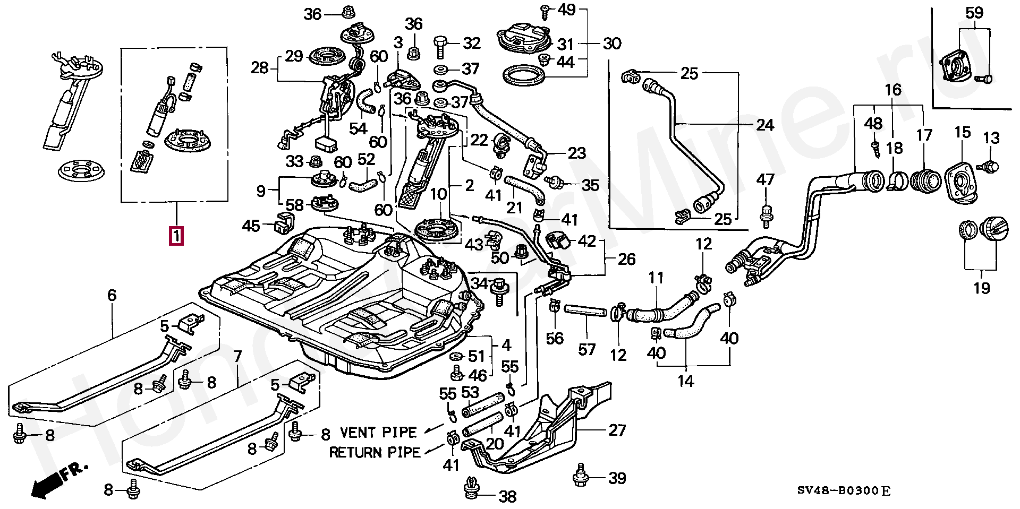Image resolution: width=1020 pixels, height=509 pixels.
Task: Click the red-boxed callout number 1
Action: pos(176,235)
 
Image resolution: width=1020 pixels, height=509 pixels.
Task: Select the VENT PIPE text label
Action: pos(378,432)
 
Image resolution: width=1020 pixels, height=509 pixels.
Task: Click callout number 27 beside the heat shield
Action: pos(617,430)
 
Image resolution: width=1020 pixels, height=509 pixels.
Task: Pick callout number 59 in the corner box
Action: pos(974,13)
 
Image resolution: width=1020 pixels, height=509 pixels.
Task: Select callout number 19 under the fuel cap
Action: pos(982,288)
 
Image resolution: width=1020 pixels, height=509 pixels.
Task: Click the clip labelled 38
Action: pos(471,489)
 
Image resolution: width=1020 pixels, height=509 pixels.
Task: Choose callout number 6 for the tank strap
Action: pos(112,296)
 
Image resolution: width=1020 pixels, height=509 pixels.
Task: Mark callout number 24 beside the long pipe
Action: pos(764,125)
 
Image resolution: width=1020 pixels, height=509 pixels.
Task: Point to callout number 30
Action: pos(612,44)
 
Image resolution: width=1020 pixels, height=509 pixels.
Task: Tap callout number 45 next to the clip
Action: pos(251,226)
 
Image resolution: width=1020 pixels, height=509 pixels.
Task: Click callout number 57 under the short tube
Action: pos(587,349)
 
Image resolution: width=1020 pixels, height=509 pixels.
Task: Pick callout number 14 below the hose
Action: pos(686,381)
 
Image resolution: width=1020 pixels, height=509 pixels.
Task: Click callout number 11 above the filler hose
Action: pos(656,278)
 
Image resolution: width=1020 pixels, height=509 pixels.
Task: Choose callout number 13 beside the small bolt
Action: pos(991,139)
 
